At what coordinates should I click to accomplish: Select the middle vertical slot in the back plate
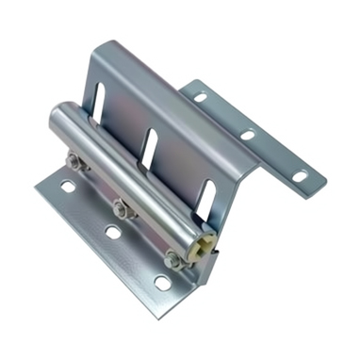pos(148,144)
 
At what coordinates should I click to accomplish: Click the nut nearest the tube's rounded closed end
pos(74,163)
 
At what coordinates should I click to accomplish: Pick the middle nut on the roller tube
pos(120,206)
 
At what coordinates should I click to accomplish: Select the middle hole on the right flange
pos(247,135)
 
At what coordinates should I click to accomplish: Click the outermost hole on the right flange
pos(299,176)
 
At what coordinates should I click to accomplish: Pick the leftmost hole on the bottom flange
pos(67,188)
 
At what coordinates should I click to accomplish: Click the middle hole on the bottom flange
pos(112,232)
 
